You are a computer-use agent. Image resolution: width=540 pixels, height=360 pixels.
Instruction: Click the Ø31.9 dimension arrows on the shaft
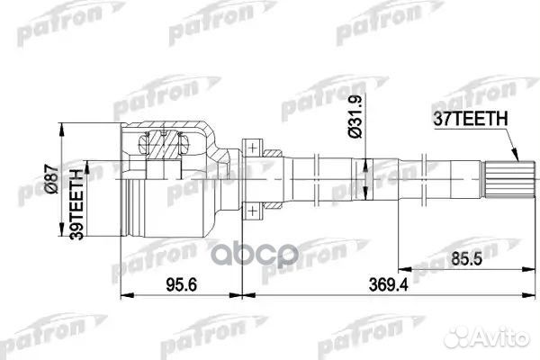368,166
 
